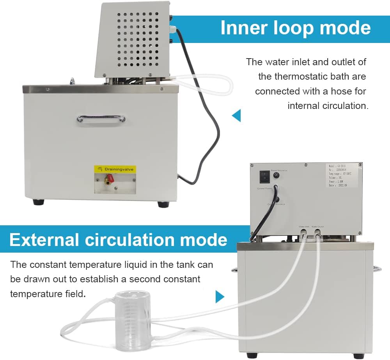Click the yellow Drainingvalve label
pos(115,169)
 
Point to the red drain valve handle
pos(110,178)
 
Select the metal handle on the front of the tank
pos(101,118)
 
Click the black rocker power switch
pos(264,177)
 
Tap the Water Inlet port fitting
pos(303,232)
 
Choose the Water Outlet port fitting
pos(318,232)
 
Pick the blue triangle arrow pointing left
pos(236,116)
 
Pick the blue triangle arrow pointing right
pos(220,296)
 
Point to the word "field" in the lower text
pos(73,293)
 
